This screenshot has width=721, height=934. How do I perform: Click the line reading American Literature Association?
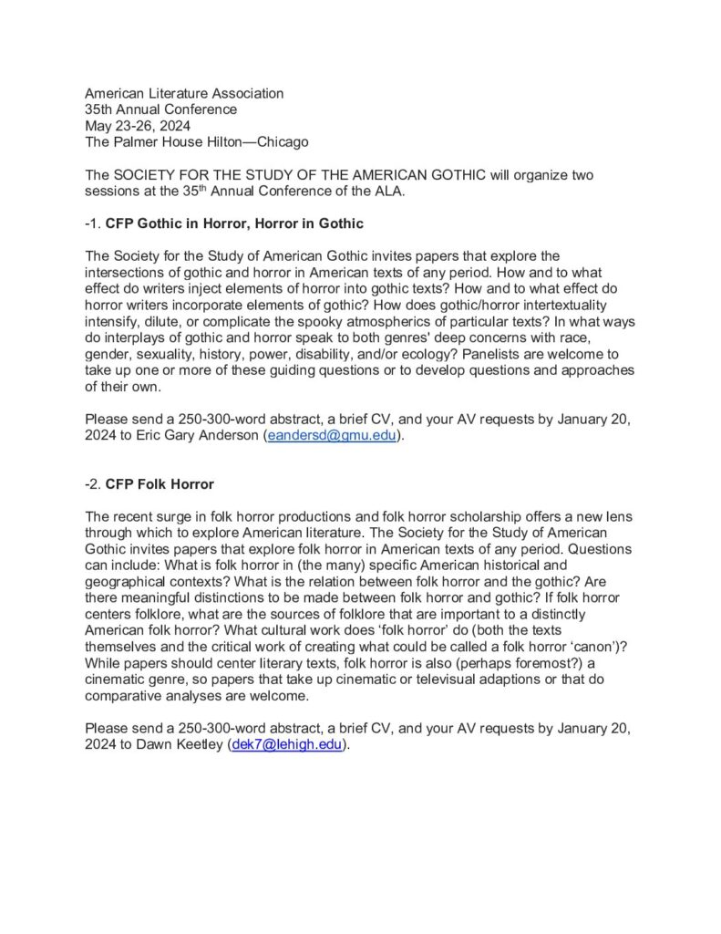184,93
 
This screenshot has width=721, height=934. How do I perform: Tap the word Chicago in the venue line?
283,142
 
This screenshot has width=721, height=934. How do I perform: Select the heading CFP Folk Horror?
160,483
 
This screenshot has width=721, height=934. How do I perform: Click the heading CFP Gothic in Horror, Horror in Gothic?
235,223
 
